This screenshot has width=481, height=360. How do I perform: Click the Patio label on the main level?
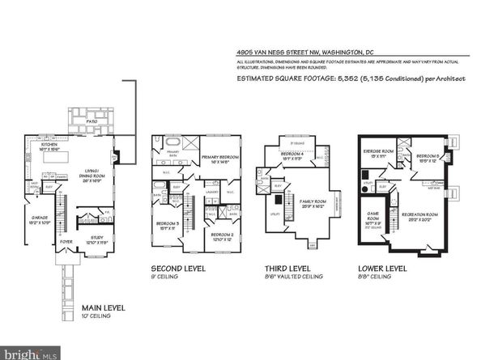click(x=92, y=121)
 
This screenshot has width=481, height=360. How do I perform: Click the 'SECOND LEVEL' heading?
click(x=178, y=268)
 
